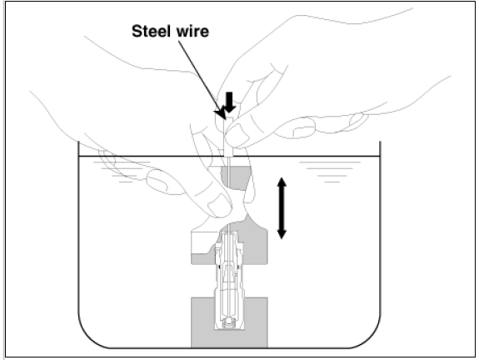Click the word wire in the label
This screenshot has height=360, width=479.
pos(192,32)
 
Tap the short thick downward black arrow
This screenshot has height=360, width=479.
pos(229,102)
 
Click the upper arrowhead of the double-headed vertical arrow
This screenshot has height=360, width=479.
pos(282,182)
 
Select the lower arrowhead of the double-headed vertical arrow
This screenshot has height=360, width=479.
pos(282,234)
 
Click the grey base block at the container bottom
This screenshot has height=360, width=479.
pos(229,322)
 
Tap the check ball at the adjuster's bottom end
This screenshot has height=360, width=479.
pos(229,322)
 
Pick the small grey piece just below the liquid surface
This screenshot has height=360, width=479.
pos(236,177)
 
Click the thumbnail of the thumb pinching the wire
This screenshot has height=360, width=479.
pos(238,134)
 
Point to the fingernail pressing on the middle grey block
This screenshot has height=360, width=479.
pos(219,204)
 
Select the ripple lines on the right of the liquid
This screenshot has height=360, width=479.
pos(330,172)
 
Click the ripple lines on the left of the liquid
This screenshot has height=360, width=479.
pos(122,172)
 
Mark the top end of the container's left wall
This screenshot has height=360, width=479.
pos(79,142)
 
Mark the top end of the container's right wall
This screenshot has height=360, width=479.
pos(380,142)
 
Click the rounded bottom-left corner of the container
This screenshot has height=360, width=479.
pos(88,338)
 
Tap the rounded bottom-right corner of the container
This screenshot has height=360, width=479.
pos(371,338)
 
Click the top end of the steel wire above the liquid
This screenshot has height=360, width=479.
pos(225,118)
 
